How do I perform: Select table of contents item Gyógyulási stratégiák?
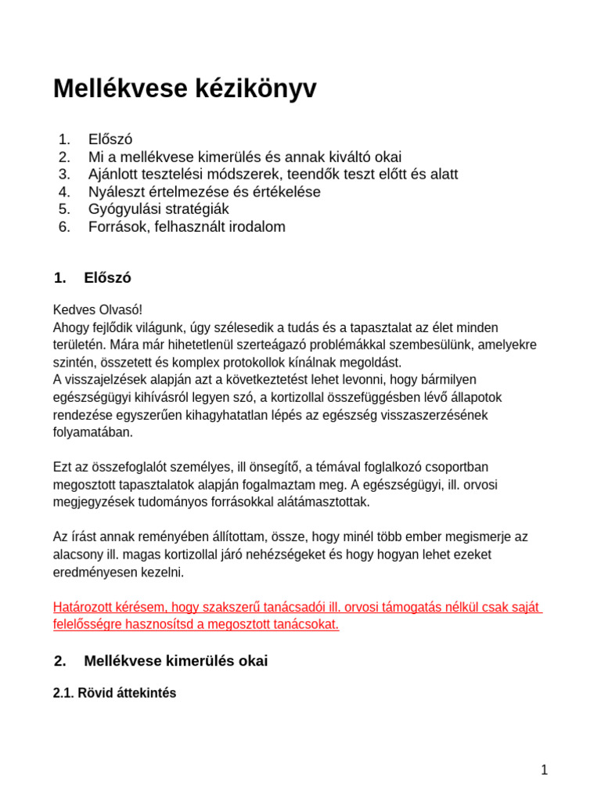pos(158,209)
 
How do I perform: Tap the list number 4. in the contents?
pos(64,191)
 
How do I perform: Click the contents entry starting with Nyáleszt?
pos(204,191)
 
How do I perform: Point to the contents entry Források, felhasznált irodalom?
pos(186,227)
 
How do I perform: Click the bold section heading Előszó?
pos(107,278)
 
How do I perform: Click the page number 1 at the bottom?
pos(544,770)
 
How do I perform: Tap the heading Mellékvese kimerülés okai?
pos(175,661)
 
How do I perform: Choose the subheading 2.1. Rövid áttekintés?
pos(114,693)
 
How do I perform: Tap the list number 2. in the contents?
pos(64,157)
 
